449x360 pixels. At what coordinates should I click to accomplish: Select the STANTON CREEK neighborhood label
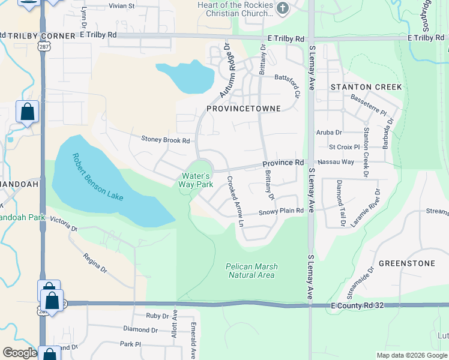point(366,87)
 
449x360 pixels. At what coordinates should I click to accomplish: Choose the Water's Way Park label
point(196,180)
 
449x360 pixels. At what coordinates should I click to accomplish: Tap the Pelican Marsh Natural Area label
point(252,271)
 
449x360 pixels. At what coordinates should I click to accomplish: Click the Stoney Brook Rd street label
point(165,140)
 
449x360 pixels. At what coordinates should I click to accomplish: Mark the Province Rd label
point(283,163)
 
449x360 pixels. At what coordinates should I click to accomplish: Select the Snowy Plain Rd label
point(280,212)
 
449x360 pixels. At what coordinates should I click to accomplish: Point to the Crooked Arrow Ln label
point(235,201)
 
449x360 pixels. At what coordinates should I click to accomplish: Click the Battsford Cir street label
point(286,83)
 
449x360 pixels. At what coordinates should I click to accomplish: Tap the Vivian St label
point(121,5)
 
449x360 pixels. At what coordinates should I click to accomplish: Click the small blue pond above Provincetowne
point(185,77)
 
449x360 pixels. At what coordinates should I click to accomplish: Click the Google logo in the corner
point(19,353)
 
